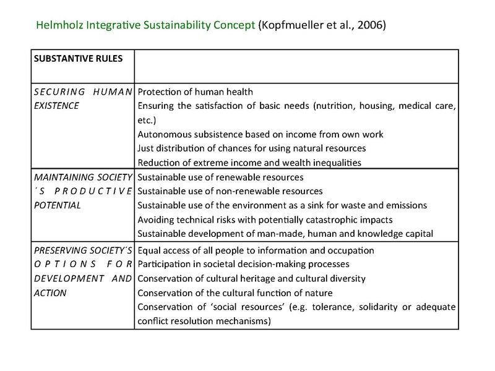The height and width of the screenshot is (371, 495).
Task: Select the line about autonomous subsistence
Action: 260,134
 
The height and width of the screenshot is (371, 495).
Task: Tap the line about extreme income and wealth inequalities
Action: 259,162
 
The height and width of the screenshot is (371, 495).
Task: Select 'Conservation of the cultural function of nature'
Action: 244,292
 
